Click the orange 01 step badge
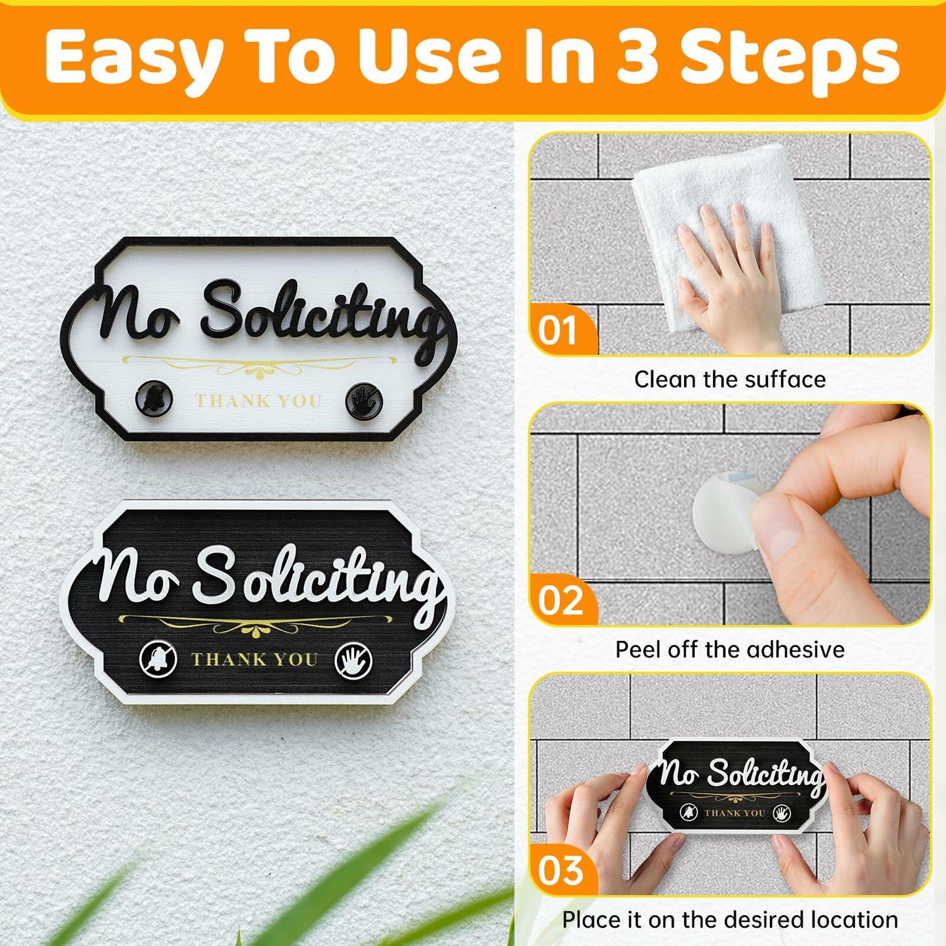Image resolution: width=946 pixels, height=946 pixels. (x=558, y=331)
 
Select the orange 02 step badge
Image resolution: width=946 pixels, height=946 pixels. (x=560, y=600)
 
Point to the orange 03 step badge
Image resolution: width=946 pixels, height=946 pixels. (x=560, y=871)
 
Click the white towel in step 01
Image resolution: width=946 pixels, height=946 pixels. (x=727, y=216)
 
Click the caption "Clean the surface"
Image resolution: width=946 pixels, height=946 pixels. (x=730, y=380)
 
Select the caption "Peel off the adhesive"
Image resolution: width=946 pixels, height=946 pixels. (x=730, y=649)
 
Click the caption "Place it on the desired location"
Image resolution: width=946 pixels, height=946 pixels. (x=730, y=920)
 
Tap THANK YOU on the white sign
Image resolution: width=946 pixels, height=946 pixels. (x=258, y=401)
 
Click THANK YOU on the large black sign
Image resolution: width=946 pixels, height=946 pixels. (x=254, y=659)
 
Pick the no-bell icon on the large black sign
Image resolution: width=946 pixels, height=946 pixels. (x=158, y=659)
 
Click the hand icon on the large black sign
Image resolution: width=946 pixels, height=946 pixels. (x=354, y=660)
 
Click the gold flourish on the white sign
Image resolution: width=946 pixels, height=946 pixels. (x=259, y=367)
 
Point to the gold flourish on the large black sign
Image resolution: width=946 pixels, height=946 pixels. (x=255, y=625)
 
